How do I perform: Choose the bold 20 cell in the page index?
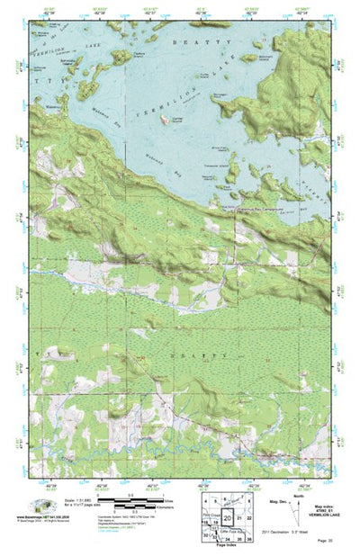(x=228, y=519)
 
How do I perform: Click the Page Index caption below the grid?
(x=223, y=547)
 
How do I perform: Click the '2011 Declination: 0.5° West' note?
(x=292, y=532)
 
